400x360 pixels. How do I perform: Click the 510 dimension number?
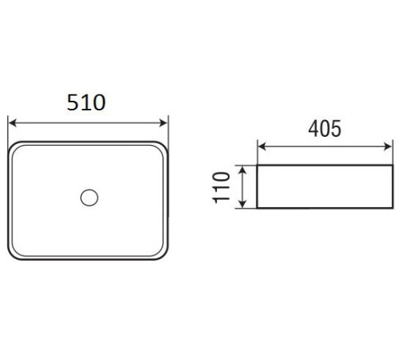pyautogui.click(x=86, y=102)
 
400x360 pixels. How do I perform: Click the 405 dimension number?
pyautogui.click(x=325, y=129)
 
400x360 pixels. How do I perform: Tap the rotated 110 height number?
pyautogui.click(x=222, y=187)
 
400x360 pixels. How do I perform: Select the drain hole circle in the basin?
pyautogui.click(x=90, y=198)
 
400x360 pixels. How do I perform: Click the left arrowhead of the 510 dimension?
pyautogui.click(x=12, y=123)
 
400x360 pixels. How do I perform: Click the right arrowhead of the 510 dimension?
pyautogui.click(x=163, y=123)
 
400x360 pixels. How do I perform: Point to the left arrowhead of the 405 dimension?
pyautogui.click(x=262, y=146)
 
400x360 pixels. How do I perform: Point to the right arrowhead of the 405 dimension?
pyautogui.click(x=388, y=146)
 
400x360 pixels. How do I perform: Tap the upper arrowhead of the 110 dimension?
pyautogui.click(x=242, y=170)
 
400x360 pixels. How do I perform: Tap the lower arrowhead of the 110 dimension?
pyautogui.click(x=242, y=203)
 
